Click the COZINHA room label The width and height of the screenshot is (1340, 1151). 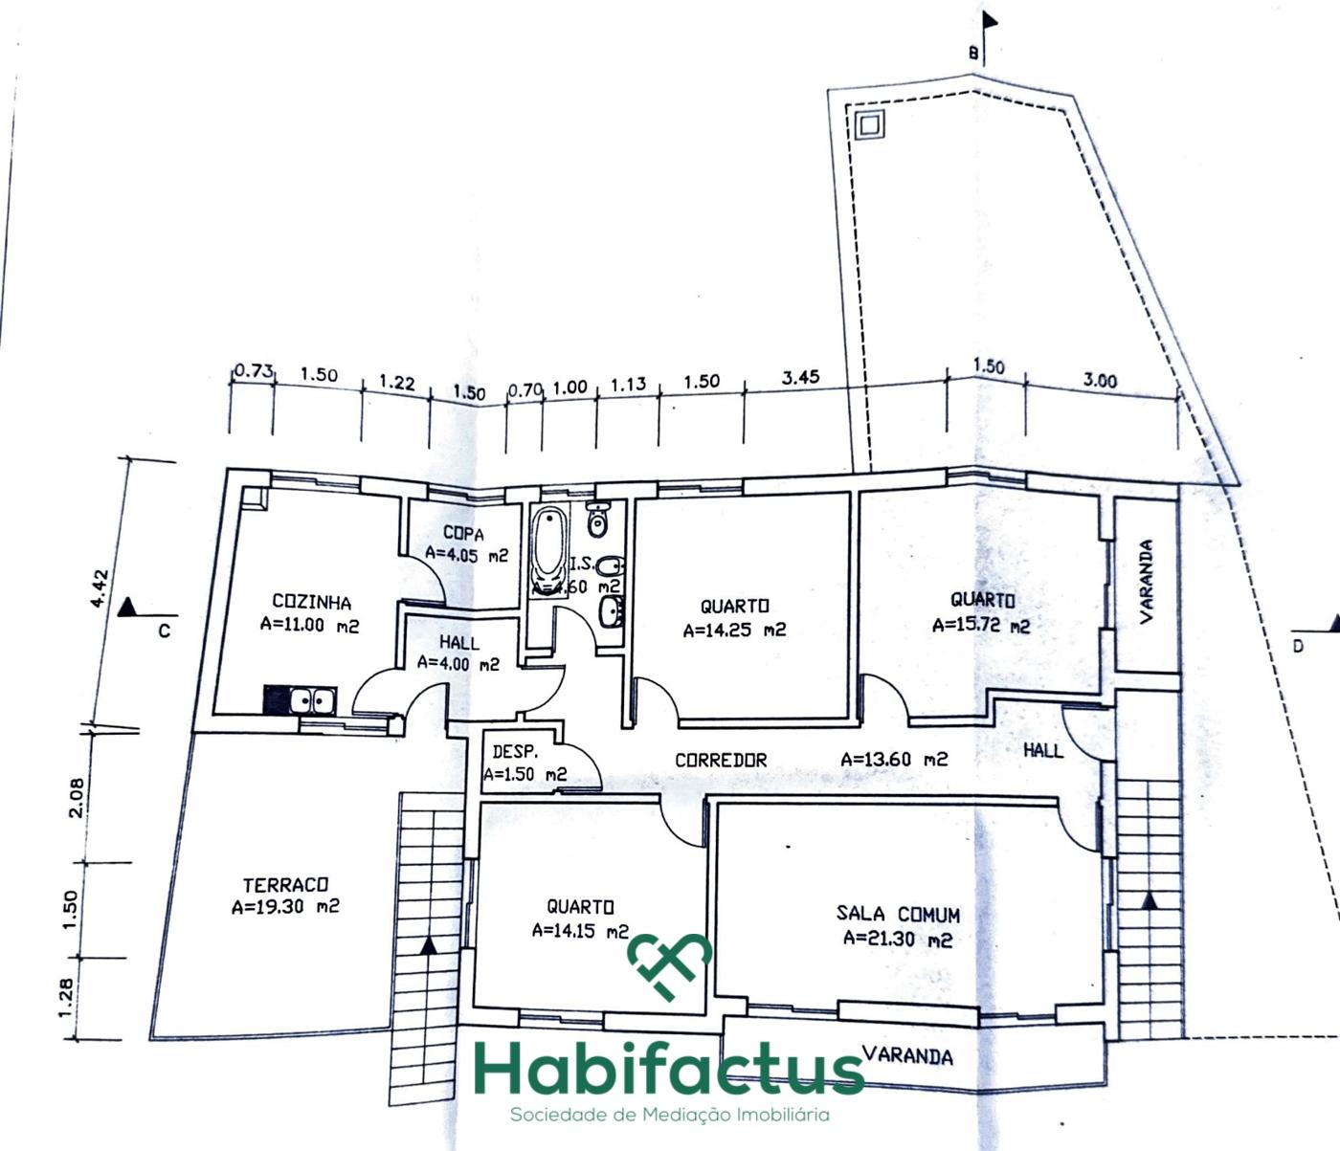(x=311, y=603)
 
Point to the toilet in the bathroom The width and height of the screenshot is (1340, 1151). (x=597, y=520)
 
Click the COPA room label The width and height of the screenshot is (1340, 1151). (x=463, y=534)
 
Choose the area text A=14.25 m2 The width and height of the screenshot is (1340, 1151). (x=734, y=631)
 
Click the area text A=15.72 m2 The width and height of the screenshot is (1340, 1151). (x=981, y=626)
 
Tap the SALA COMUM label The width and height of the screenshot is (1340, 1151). (x=898, y=915)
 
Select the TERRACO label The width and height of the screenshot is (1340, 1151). (x=284, y=885)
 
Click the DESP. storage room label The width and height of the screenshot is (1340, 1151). (x=515, y=753)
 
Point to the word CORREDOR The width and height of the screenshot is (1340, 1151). (x=721, y=760)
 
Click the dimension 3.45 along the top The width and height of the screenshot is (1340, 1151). (x=800, y=378)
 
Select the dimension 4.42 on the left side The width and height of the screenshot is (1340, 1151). (x=100, y=589)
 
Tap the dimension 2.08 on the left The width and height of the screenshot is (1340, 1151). (x=77, y=796)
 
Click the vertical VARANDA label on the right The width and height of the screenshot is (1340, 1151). (x=1146, y=581)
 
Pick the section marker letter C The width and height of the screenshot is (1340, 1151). (x=164, y=631)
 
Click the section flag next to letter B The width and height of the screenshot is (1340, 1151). (x=990, y=22)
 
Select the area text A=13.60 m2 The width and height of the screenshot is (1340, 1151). (x=894, y=759)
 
